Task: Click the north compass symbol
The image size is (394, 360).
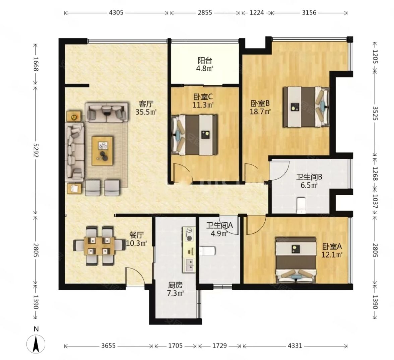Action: point(36,344)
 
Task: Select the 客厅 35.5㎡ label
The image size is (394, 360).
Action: point(146,108)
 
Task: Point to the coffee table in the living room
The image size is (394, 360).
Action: point(102,151)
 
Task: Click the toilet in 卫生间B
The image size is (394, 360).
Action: point(301,206)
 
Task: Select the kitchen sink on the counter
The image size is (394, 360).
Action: point(189,265)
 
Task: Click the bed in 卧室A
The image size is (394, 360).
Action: point(295,260)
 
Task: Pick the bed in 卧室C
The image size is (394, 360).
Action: point(194,135)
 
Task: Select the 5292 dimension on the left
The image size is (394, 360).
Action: point(36,150)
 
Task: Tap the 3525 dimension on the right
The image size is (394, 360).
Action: point(375,113)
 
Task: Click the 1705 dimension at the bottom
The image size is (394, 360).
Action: point(175,346)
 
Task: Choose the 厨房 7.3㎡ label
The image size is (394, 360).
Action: point(176,289)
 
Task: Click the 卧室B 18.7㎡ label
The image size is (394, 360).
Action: point(260,107)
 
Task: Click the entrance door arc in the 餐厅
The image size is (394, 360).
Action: point(135,276)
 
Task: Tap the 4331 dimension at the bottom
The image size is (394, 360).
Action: point(295,346)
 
